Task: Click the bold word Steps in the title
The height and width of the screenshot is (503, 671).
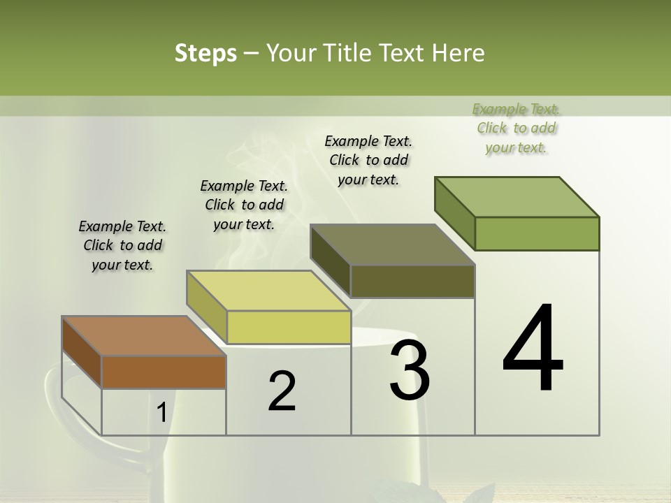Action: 205,53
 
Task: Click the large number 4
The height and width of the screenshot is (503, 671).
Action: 533,349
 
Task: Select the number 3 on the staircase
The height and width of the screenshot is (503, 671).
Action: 410,370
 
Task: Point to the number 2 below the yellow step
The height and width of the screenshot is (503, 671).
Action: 282,391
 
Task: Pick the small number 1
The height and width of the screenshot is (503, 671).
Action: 161,413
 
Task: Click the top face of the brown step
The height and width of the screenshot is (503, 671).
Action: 143,336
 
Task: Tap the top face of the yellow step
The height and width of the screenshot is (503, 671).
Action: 268,291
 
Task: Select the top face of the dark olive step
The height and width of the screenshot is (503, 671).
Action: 392,245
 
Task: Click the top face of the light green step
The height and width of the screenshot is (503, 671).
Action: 517,197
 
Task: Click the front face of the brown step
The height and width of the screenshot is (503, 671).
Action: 164,372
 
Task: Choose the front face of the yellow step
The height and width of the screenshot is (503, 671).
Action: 288,327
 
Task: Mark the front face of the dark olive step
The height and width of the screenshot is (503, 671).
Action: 412,281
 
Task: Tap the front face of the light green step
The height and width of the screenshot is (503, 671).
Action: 537,233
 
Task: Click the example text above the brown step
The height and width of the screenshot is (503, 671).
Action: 122,245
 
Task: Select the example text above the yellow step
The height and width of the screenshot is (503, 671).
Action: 244,205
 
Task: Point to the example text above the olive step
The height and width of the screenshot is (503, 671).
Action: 368,160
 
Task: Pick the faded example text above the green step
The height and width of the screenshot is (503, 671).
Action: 517,128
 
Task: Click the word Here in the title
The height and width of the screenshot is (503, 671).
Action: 459,53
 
